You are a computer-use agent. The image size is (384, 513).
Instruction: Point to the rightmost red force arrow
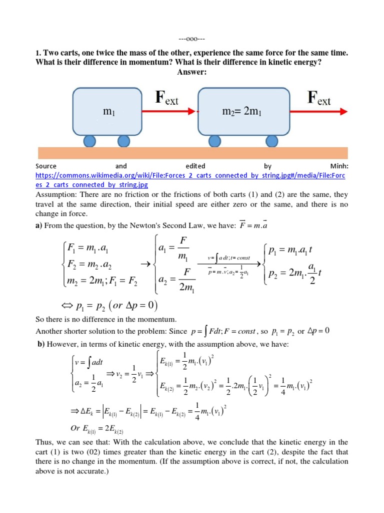pyautogui.click(x=319, y=111)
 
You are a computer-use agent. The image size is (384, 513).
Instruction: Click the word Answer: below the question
pyautogui.click(x=192, y=72)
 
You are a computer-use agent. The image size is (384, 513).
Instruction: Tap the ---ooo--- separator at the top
pyautogui.click(x=192, y=39)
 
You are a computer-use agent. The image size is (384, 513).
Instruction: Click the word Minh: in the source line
pyautogui.click(x=337, y=166)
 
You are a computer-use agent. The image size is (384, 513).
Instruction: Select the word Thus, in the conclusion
pyautogui.click(x=46, y=442)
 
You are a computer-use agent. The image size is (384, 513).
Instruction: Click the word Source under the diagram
pyautogui.click(x=46, y=166)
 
